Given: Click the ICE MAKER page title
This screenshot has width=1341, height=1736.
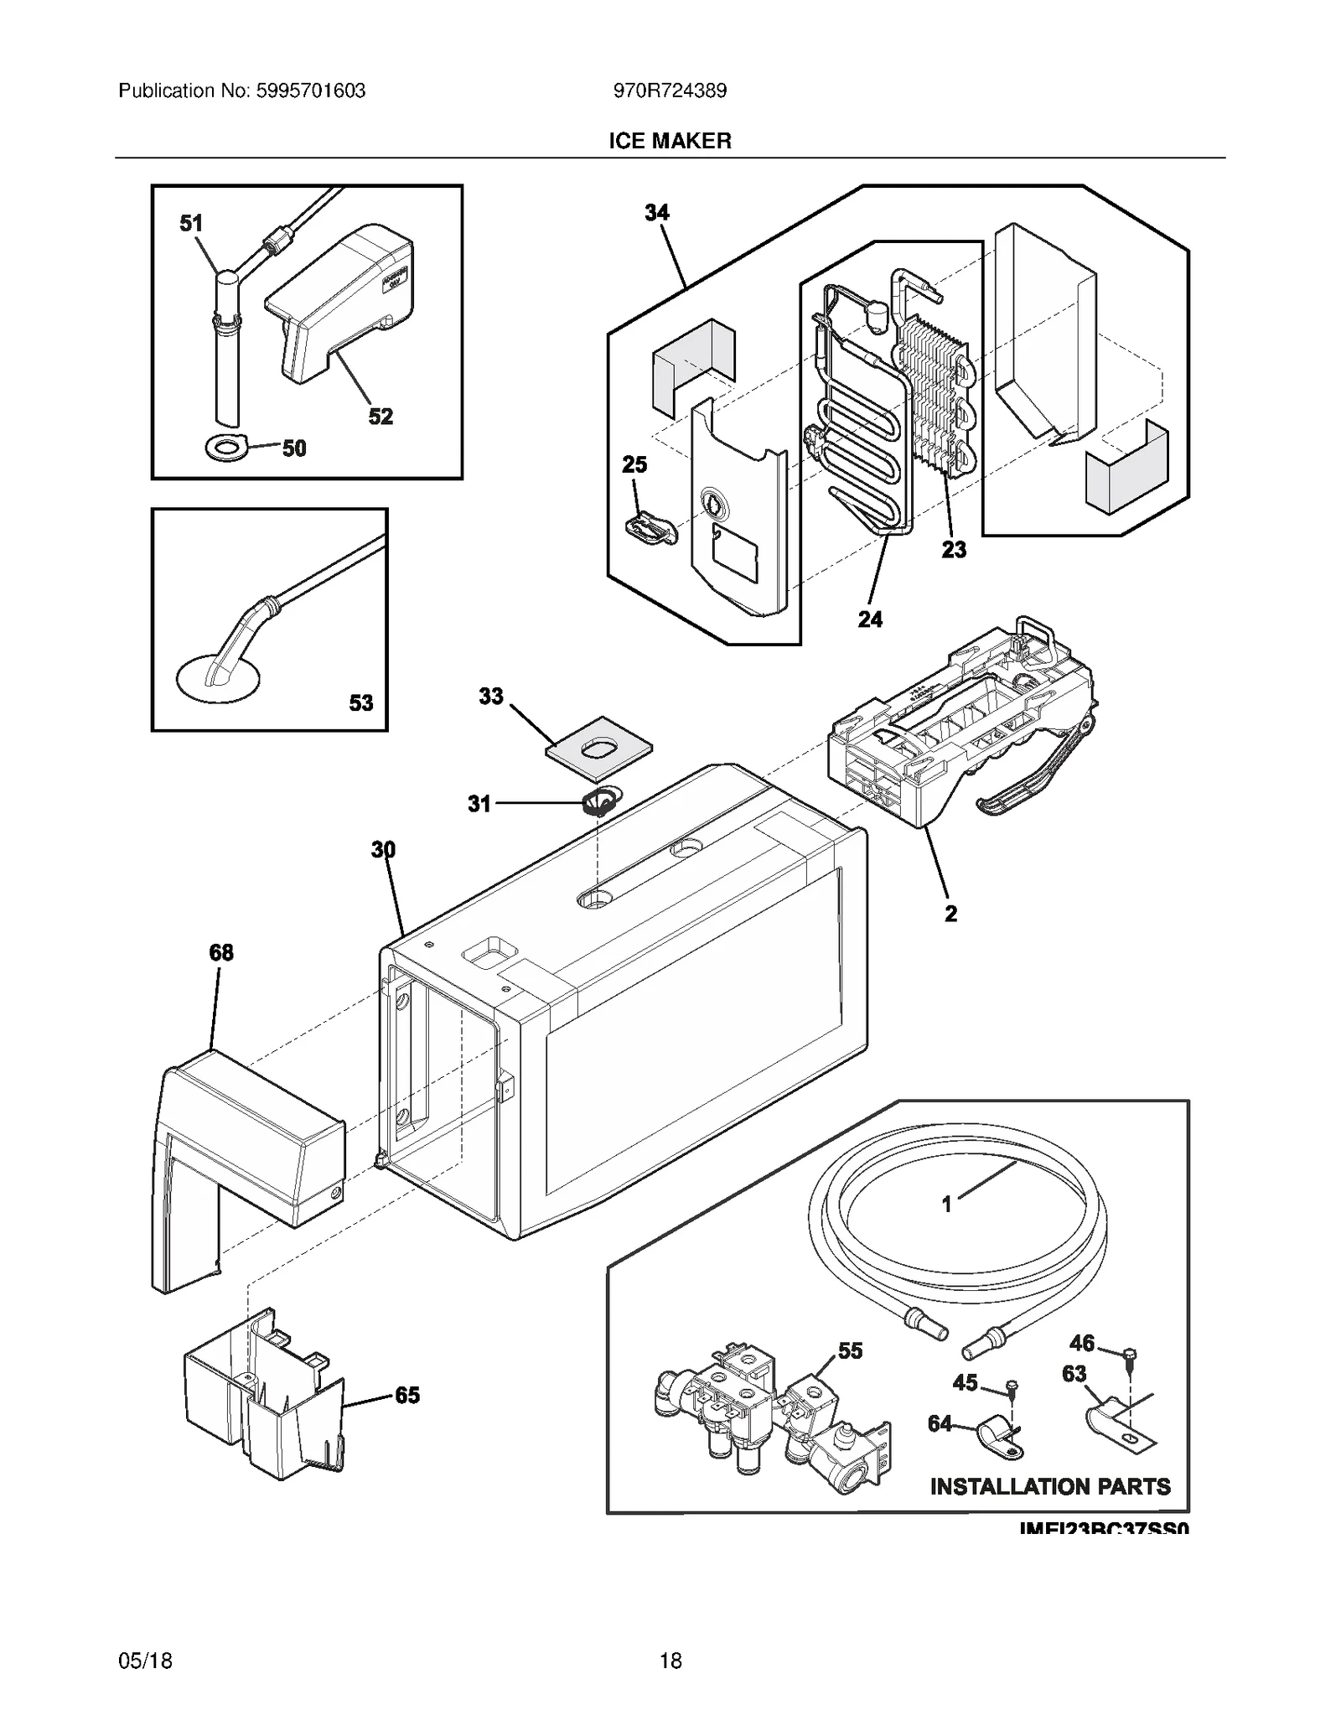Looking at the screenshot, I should click(669, 141).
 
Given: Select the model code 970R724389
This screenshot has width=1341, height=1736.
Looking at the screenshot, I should click(669, 91).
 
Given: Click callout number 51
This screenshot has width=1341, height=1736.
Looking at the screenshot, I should click(191, 223).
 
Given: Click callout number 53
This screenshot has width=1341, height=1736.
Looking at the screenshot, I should click(360, 702).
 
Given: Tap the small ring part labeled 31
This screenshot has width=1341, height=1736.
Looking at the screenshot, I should click(597, 802).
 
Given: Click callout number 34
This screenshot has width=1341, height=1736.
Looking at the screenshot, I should click(656, 213).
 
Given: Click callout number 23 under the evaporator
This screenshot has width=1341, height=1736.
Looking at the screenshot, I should click(953, 550).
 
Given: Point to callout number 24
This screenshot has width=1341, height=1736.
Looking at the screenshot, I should click(869, 619).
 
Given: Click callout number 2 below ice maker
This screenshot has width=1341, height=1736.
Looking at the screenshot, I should click(950, 914).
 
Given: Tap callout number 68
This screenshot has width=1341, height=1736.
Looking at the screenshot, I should click(221, 952).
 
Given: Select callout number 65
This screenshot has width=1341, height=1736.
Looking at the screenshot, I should click(406, 1395).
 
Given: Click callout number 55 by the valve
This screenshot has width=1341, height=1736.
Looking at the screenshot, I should click(850, 1350).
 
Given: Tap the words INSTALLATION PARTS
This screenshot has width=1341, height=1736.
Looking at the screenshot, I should click(1049, 1486).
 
